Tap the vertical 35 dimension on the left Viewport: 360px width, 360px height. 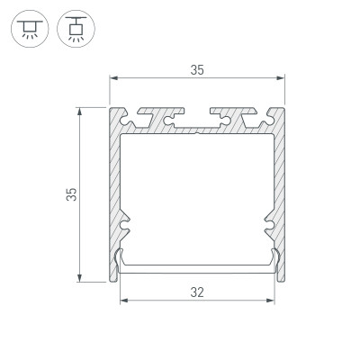tap(69, 195)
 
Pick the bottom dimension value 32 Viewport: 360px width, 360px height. tap(197, 292)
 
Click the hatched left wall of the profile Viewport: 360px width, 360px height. tap(115, 189)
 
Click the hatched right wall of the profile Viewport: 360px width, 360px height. tap(279, 189)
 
